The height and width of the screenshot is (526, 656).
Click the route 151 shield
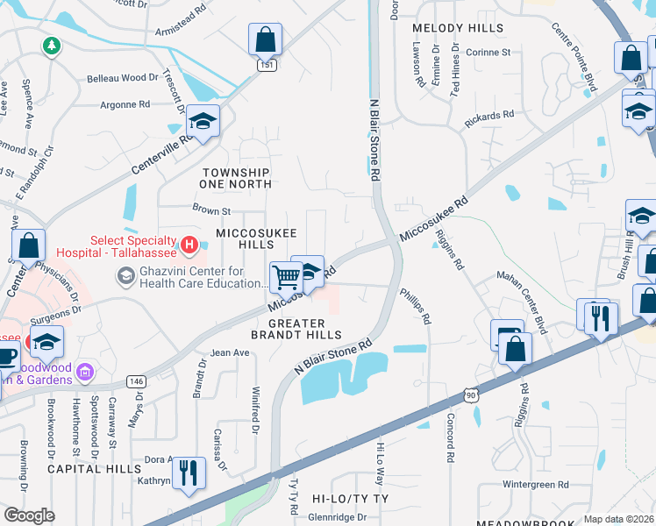click(263, 65)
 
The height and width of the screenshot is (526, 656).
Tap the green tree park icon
click(52, 45)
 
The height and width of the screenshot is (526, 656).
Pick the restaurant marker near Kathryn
click(189, 473)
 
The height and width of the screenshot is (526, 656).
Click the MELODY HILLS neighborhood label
click(458, 28)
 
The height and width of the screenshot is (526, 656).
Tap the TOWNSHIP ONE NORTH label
click(236, 178)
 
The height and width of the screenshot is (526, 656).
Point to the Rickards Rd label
click(488, 115)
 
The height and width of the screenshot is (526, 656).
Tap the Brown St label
click(210, 210)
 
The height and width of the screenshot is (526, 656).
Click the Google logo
click(29, 515)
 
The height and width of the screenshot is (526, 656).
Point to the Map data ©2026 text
click(618, 519)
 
